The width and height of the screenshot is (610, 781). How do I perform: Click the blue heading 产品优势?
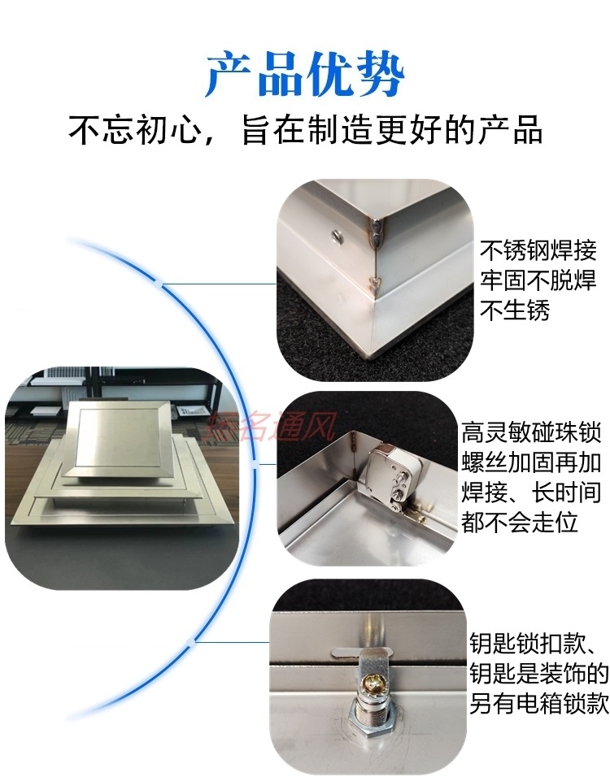coord(304,75)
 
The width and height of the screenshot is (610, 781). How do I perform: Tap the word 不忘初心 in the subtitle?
coord(133,130)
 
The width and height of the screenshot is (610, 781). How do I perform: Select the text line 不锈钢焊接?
coord(538,250)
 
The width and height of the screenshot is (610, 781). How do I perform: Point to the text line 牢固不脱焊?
coord(538,281)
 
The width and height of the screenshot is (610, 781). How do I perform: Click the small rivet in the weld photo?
coord(335,236)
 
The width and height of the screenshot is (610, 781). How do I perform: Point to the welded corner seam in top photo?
coord(378,244)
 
